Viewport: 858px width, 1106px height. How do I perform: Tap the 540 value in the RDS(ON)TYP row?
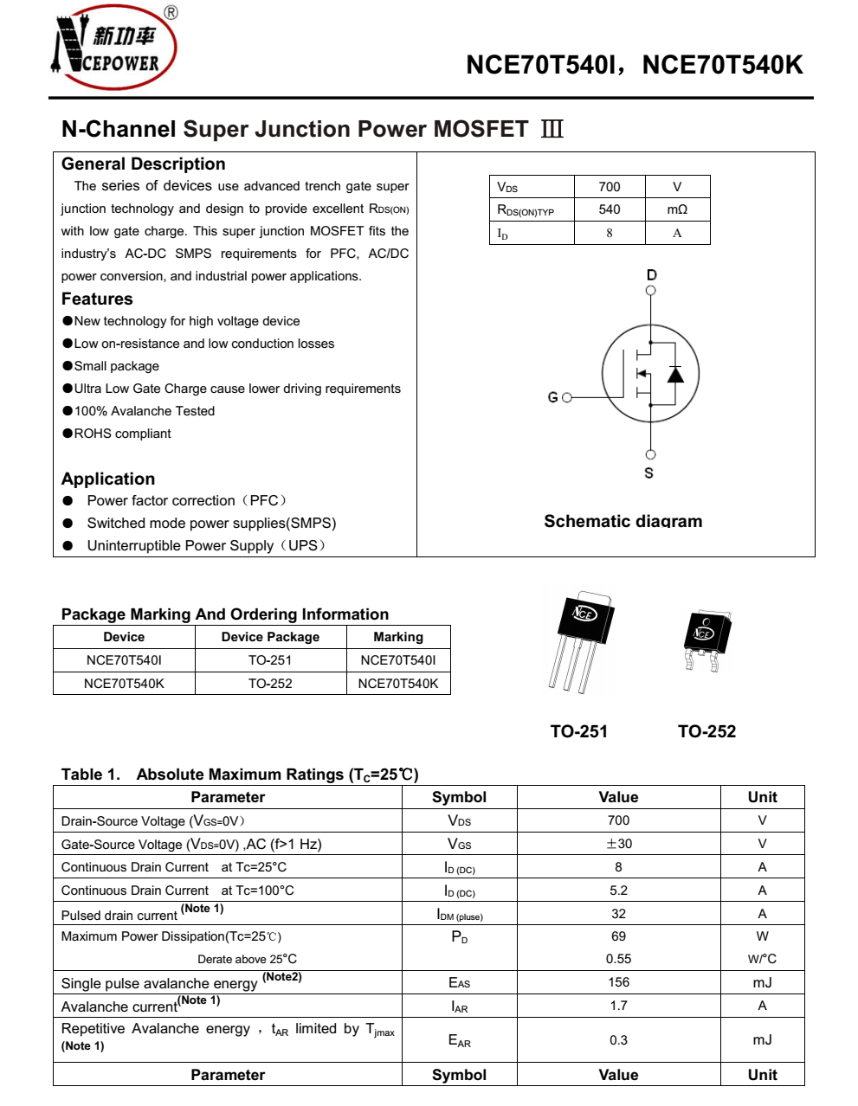(610, 209)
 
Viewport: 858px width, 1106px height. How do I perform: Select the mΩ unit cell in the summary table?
(677, 209)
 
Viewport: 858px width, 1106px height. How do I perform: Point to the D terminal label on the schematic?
(651, 275)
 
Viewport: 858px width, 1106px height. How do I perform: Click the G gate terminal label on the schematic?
(552, 397)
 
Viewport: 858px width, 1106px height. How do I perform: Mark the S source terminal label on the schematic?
(649, 473)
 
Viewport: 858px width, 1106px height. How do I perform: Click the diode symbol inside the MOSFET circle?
(675, 374)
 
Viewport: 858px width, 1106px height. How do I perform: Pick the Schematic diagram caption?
(623, 521)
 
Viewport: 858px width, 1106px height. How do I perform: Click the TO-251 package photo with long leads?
(580, 640)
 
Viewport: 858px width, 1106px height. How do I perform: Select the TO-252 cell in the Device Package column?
(270, 684)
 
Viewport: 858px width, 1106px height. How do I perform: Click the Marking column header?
(398, 637)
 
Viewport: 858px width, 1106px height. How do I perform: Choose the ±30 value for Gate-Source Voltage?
(618, 844)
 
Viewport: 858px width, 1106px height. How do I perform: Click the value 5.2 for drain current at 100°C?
(618, 891)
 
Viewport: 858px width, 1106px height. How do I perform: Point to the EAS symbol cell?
(459, 983)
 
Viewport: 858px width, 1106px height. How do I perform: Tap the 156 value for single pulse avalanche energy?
(618, 982)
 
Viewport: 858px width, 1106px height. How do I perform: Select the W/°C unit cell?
(762, 959)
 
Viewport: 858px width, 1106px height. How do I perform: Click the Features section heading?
(97, 299)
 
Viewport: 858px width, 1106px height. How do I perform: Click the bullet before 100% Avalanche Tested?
(68, 411)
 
